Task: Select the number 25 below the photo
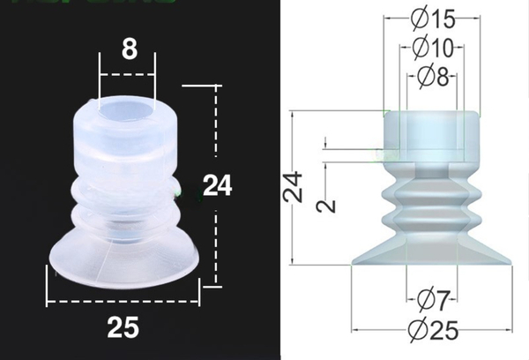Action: [x=123, y=327]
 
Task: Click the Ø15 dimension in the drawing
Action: [x=432, y=17]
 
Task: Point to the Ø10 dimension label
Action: [x=432, y=46]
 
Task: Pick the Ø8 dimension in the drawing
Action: [x=432, y=76]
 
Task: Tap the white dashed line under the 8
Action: [x=127, y=74]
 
